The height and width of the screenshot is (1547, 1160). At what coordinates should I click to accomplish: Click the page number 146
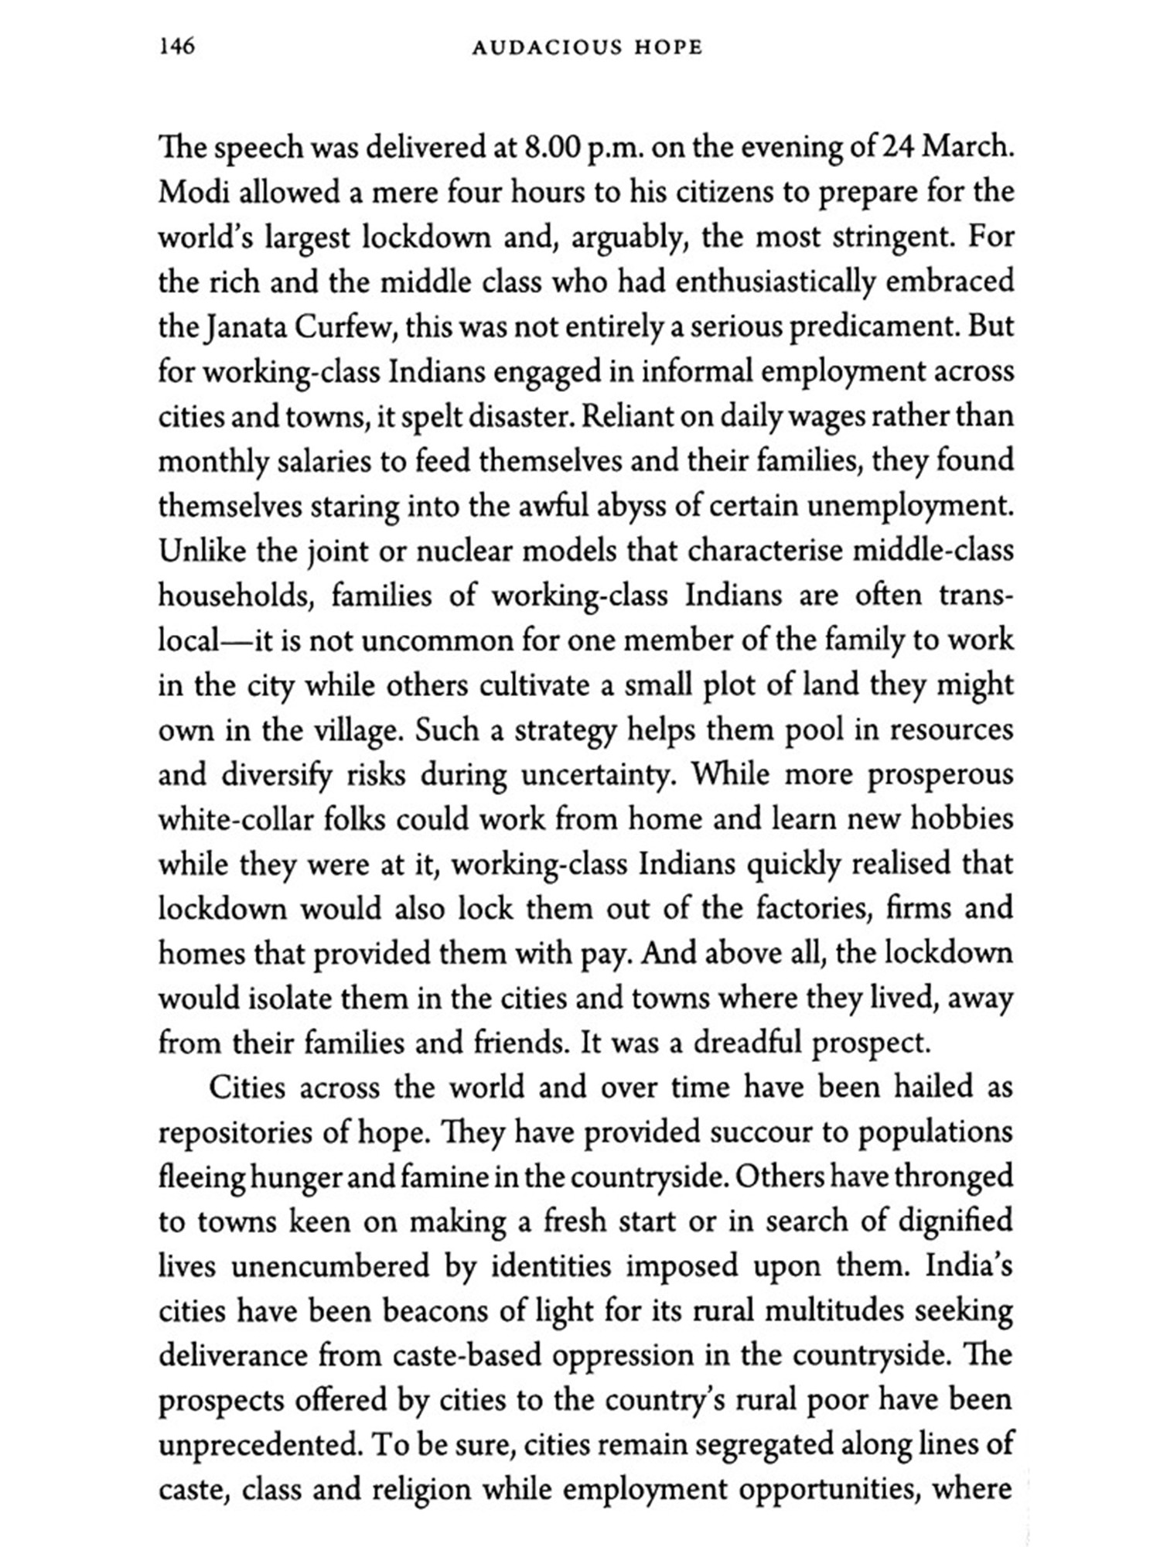[x=176, y=47]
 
